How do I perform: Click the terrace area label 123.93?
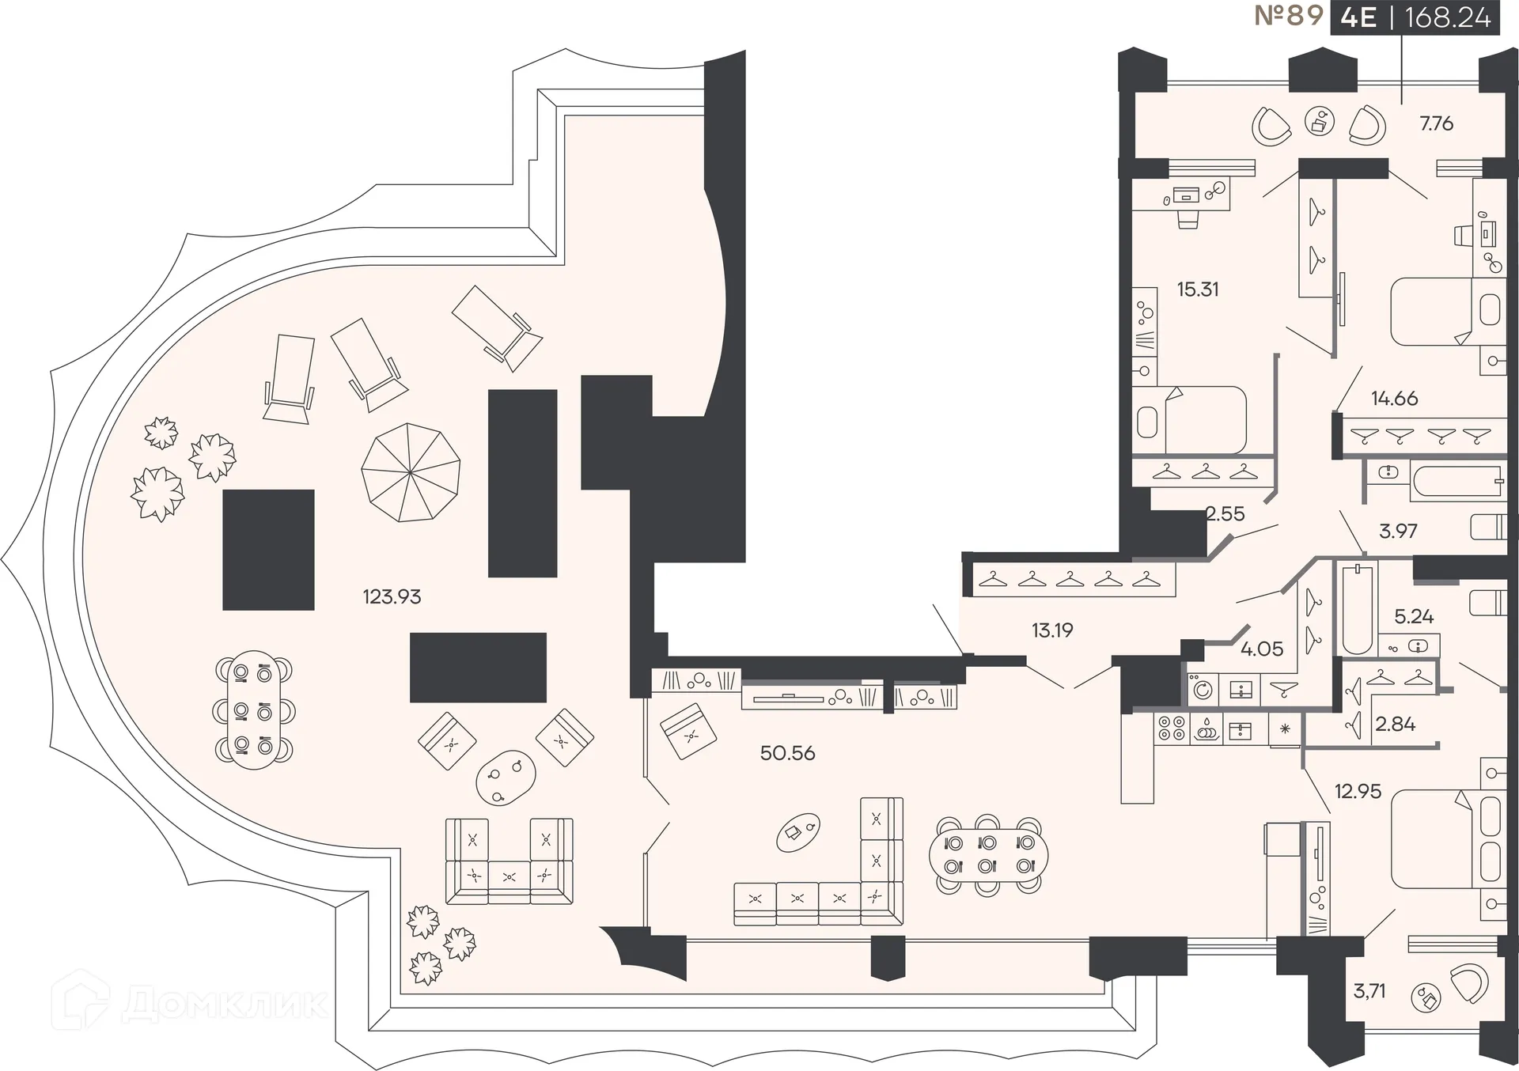392,596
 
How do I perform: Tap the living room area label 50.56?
787,753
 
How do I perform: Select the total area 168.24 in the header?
1447,17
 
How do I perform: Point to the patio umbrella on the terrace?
411,472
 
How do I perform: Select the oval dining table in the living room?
989,854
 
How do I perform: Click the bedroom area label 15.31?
1197,290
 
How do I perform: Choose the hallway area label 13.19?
1051,630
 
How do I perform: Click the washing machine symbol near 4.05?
1203,690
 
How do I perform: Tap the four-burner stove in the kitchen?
1171,728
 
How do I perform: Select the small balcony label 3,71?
1369,991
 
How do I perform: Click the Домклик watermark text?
225,1005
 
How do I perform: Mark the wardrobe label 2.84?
1395,724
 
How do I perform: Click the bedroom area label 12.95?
1358,791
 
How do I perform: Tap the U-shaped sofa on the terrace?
509,862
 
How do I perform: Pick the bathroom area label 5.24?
1414,616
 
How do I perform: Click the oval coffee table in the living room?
797,831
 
